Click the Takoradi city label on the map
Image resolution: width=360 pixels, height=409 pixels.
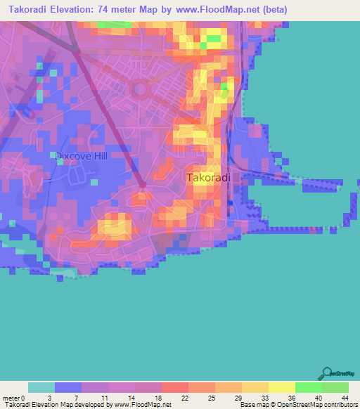pos(208,178)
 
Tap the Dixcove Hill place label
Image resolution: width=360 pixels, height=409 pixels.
pos(82,156)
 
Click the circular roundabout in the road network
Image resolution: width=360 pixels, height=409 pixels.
pos(139,89)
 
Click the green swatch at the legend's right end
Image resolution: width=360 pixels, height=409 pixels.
pos(335,387)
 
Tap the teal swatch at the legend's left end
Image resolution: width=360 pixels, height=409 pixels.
pos(41,387)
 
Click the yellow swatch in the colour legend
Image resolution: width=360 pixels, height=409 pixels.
pos(281,387)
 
